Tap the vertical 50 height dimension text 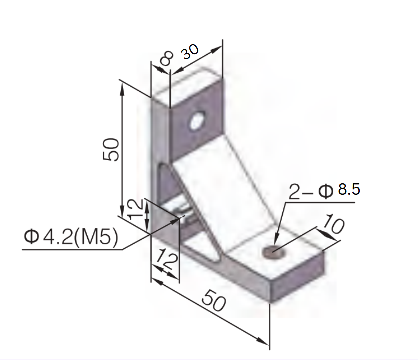[111, 149]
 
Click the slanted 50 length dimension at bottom [214, 302]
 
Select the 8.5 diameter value [349, 189]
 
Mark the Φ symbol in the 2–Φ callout [326, 191]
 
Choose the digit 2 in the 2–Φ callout [295, 191]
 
